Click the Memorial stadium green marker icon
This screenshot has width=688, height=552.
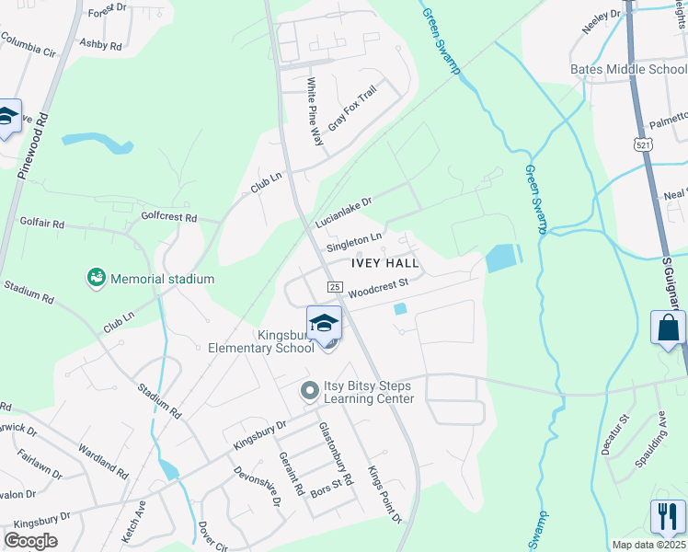pos(95,277)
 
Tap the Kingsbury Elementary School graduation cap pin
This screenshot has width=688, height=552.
pos(324,325)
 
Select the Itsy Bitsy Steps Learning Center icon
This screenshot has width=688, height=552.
pos(310,391)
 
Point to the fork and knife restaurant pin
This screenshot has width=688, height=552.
pos(668,517)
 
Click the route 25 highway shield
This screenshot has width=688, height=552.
pos(336,288)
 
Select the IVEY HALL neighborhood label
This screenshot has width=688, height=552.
pos(384,263)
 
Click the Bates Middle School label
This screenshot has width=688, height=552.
pos(628,69)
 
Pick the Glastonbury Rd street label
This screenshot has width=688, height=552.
pos(336,455)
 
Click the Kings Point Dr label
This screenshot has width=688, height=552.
pos(385,495)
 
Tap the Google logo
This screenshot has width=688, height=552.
pos(31,541)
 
